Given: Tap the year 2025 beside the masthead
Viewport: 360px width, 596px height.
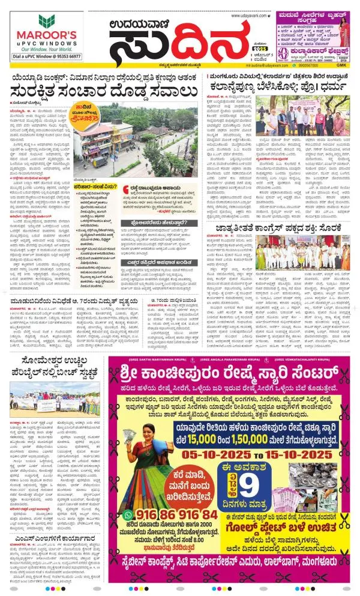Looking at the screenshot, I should (x=259, y=47).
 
